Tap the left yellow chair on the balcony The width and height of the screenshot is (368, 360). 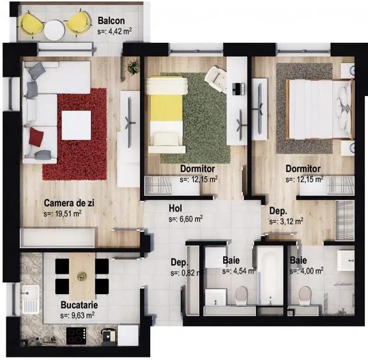[31, 24]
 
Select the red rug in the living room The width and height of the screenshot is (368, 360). [75, 132]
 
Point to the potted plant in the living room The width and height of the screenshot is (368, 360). [133, 66]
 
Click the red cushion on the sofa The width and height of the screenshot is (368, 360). [36, 135]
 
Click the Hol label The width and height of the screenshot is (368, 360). [176, 208]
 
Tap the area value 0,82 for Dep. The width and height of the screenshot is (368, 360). [185, 272]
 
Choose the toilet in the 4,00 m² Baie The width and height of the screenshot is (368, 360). [305, 295]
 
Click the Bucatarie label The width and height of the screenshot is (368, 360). [79, 305]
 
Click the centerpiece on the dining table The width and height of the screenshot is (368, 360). [81, 276]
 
